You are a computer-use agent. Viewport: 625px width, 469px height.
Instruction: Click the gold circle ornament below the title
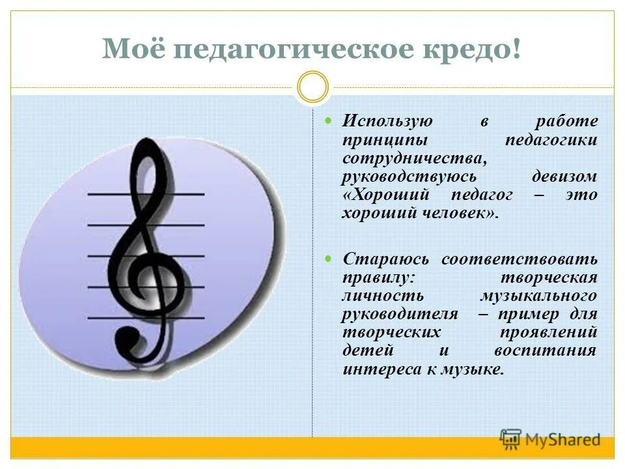(x=313, y=87)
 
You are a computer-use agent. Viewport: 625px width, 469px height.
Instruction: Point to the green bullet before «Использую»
(x=329, y=121)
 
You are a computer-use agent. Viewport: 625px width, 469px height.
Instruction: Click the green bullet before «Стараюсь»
(x=329, y=259)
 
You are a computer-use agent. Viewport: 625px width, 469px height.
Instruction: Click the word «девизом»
(x=564, y=177)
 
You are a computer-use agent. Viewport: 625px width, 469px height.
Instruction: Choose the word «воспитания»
(x=555, y=351)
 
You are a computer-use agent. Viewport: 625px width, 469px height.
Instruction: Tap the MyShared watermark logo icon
(x=511, y=439)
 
